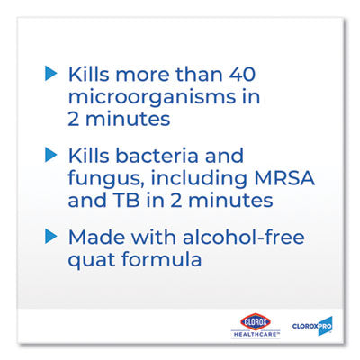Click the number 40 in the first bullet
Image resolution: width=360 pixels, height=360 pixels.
pos(242,74)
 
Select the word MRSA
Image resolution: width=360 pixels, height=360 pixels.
pos(284,177)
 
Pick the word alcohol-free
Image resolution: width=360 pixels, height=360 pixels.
pos(244,237)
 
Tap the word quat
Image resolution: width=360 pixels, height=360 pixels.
pos(92,260)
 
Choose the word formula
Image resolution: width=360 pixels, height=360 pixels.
pos(161,258)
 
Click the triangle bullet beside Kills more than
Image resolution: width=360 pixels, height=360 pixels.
pos(50,74)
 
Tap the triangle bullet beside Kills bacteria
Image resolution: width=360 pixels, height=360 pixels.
pos(50,156)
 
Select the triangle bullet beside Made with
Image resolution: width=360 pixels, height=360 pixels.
pos(50,237)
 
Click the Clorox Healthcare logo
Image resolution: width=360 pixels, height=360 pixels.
pos(256,326)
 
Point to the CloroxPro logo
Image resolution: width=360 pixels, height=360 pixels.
pos(312,326)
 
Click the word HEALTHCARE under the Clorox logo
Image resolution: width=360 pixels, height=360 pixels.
pos(256,334)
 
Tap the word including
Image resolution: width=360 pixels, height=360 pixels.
pos(199,179)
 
